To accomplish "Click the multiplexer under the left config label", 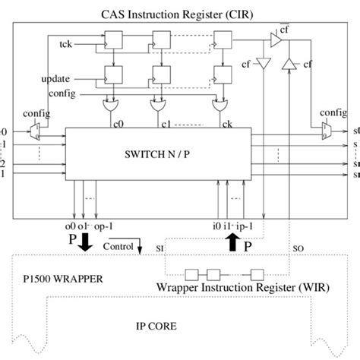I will point(35,134).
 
